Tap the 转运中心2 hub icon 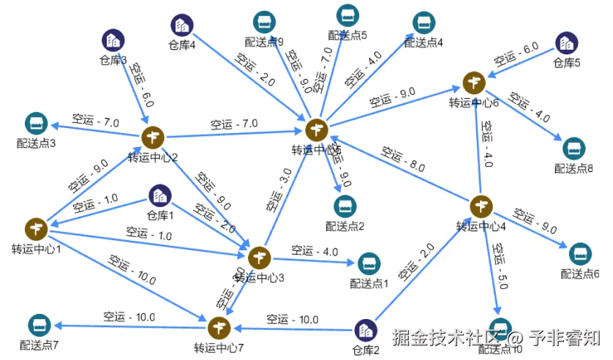(x=153, y=137)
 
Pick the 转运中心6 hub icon (x=473, y=83)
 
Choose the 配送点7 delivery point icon (x=39, y=325)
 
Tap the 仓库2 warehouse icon (x=366, y=331)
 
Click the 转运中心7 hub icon (x=219, y=326)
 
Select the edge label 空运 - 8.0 (x=402, y=160)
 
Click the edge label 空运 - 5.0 (x=500, y=266)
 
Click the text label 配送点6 (x=580, y=274)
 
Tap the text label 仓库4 (x=181, y=45)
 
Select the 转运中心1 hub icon (x=35, y=229)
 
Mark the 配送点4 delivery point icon (x=424, y=23)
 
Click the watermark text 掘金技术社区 (x=449, y=339)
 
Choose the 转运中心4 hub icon (x=481, y=206)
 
